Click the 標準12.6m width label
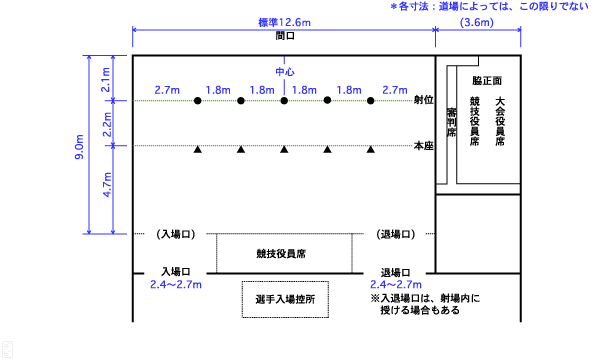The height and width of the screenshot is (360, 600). coord(284,22)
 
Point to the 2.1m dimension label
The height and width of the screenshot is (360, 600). coord(108,79)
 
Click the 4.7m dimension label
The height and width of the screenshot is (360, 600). coord(108,189)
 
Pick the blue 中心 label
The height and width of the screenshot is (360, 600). coord(284,72)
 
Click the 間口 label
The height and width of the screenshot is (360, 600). coord(284,35)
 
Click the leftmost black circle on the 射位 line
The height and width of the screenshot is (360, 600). coord(198,101)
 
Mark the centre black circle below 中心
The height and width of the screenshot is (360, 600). coord(284,101)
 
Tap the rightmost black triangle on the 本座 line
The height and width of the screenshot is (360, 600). coord(371,150)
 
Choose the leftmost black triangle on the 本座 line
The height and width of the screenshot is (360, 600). coord(198,150)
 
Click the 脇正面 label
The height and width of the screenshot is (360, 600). coord(489,78)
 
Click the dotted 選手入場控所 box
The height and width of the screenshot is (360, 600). coord(285,299)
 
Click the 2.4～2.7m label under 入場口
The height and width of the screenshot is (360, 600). coord(176,285)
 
